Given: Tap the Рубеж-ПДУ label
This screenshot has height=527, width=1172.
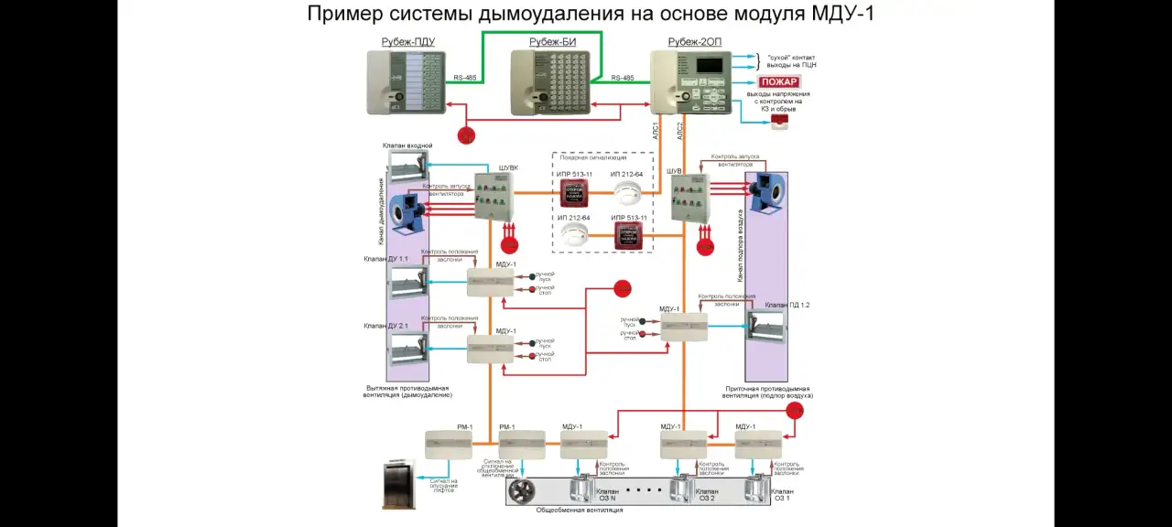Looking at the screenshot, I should pyautogui.click(x=407, y=42).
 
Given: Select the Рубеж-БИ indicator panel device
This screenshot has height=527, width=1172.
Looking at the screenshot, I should pyautogui.click(x=548, y=82).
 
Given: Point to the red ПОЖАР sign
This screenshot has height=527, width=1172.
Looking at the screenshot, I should pyautogui.click(x=778, y=82).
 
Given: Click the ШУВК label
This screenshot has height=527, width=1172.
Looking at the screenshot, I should pyautogui.click(x=507, y=167).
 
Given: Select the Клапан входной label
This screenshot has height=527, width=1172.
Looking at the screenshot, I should pyautogui.click(x=407, y=145).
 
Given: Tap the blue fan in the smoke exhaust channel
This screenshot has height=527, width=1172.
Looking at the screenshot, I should pyautogui.click(x=403, y=208).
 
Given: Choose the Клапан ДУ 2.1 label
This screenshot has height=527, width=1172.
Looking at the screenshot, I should pyautogui.click(x=385, y=326).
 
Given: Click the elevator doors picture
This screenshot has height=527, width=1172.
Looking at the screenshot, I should pyautogui.click(x=398, y=484).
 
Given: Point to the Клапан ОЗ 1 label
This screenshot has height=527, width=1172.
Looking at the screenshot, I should pyautogui.click(x=782, y=495).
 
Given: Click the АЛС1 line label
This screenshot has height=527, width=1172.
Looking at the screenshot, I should pyautogui.click(x=656, y=129).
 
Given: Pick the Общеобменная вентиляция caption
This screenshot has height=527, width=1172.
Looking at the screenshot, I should pyautogui.click(x=580, y=510).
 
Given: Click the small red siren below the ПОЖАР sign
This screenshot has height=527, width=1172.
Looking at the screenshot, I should pyautogui.click(x=779, y=122).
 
